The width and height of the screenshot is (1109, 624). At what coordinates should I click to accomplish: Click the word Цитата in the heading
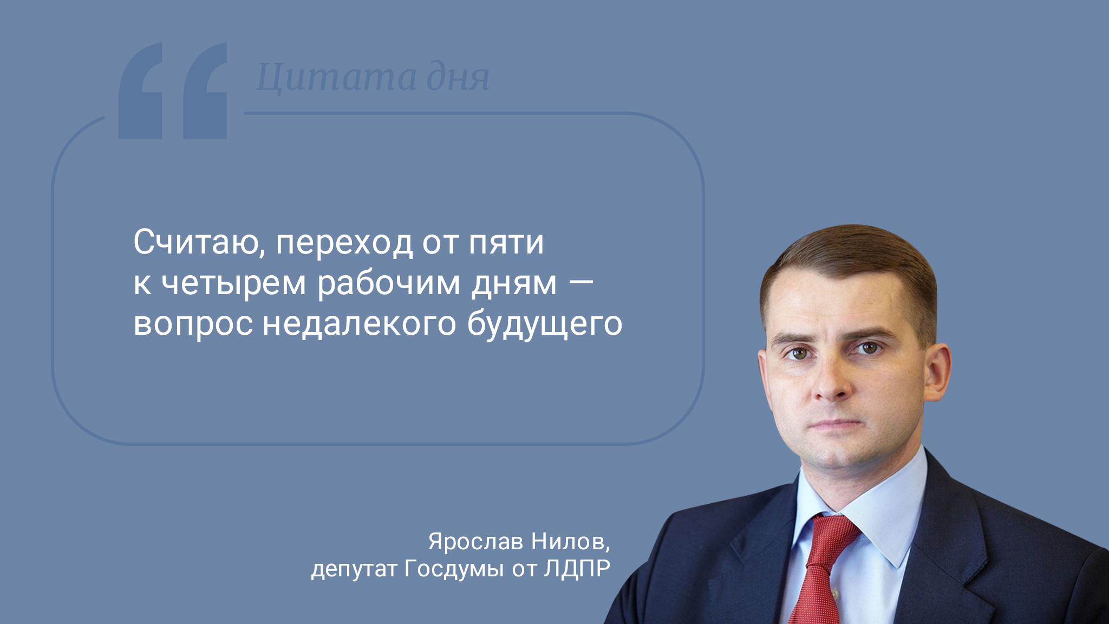(336, 78)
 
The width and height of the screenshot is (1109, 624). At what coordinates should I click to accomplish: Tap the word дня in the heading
(458, 78)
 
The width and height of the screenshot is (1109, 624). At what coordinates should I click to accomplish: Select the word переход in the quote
(344, 243)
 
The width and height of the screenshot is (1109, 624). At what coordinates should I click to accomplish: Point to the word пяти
(506, 243)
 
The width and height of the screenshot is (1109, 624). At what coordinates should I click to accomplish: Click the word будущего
(545, 324)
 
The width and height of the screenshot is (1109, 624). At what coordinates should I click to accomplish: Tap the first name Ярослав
(475, 541)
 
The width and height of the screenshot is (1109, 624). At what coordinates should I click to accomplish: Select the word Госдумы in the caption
(454, 569)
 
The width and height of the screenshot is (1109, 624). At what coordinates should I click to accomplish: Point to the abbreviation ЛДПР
(577, 569)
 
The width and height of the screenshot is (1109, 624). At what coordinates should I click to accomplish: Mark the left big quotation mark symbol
(140, 90)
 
